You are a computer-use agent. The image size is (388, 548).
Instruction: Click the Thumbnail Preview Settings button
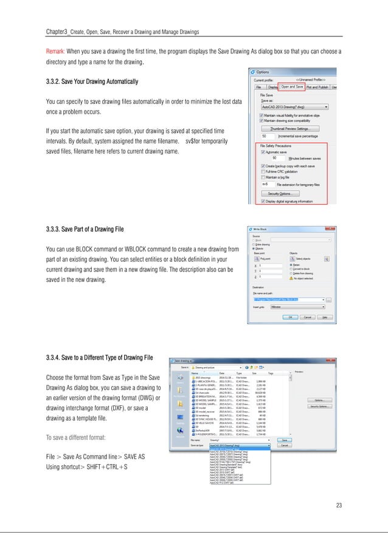click(294, 129)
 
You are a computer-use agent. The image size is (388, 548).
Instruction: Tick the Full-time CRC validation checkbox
click(263, 171)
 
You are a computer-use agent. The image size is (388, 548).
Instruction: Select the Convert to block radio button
click(293, 269)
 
